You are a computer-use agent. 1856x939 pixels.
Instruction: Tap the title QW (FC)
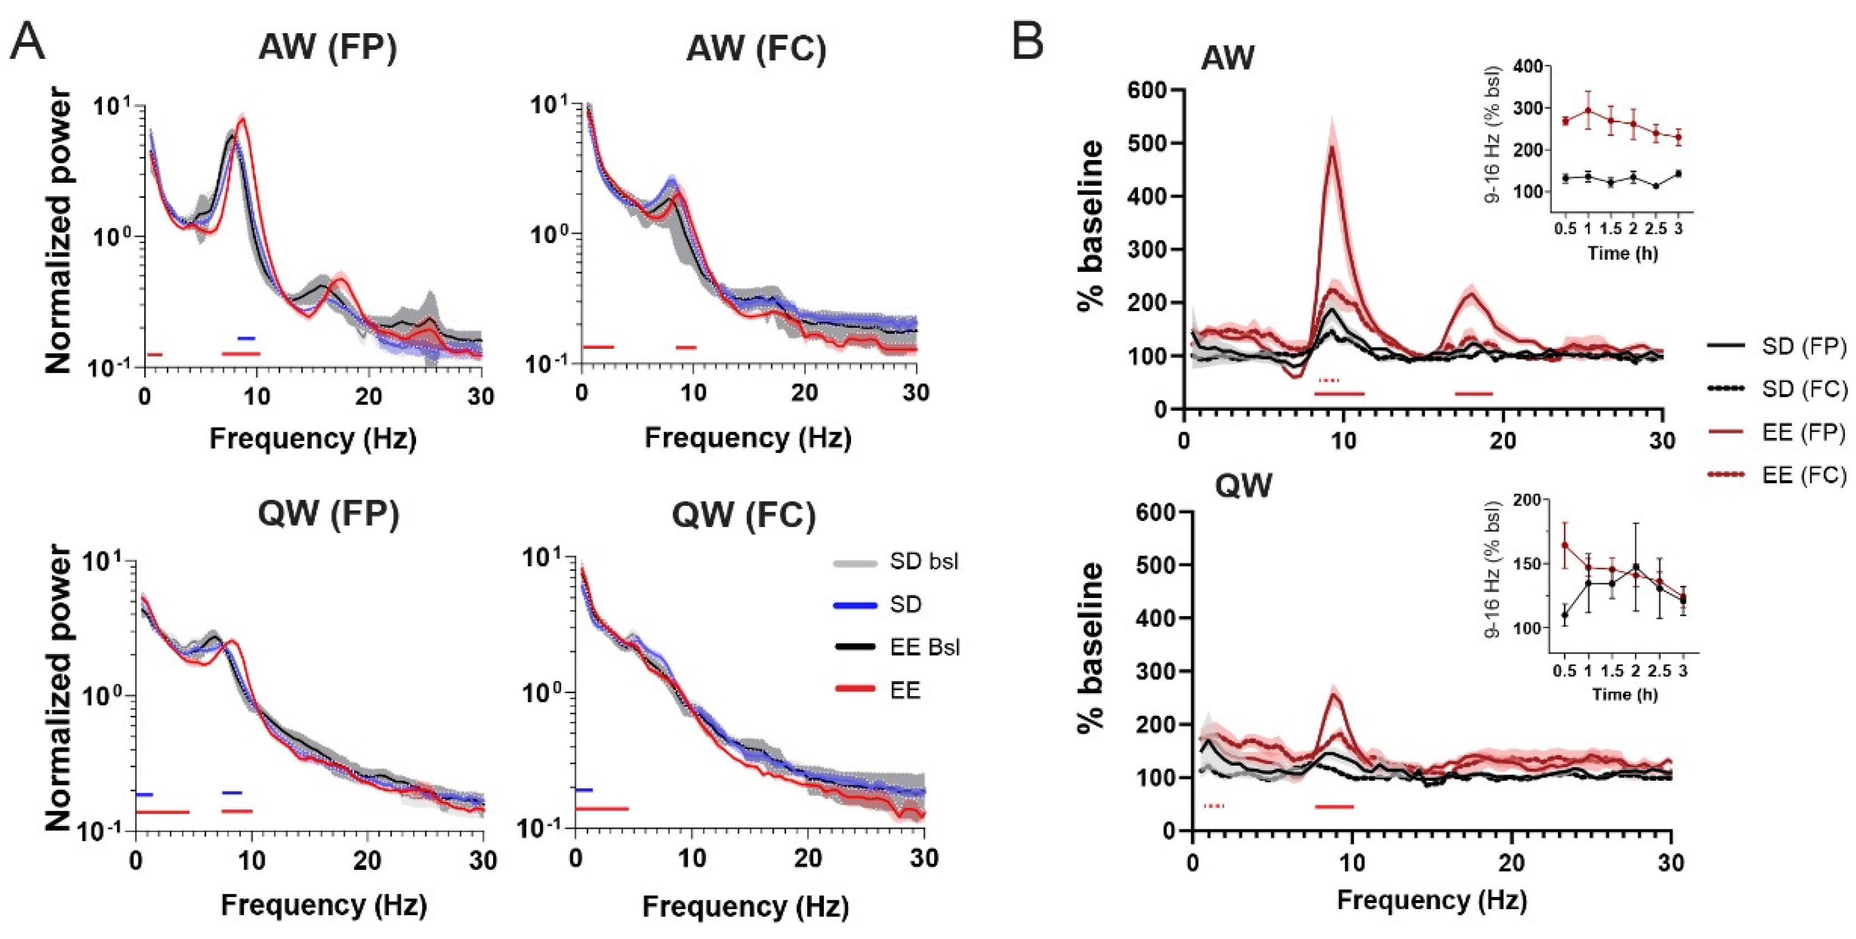[744, 514]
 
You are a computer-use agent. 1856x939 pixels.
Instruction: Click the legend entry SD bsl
[924, 561]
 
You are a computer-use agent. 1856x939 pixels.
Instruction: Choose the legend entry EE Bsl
[925, 647]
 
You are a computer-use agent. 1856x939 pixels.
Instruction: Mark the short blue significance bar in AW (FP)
[247, 338]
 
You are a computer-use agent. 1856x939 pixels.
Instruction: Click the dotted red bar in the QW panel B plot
[1214, 806]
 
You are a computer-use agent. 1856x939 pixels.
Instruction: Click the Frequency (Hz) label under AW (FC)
[748, 438]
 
